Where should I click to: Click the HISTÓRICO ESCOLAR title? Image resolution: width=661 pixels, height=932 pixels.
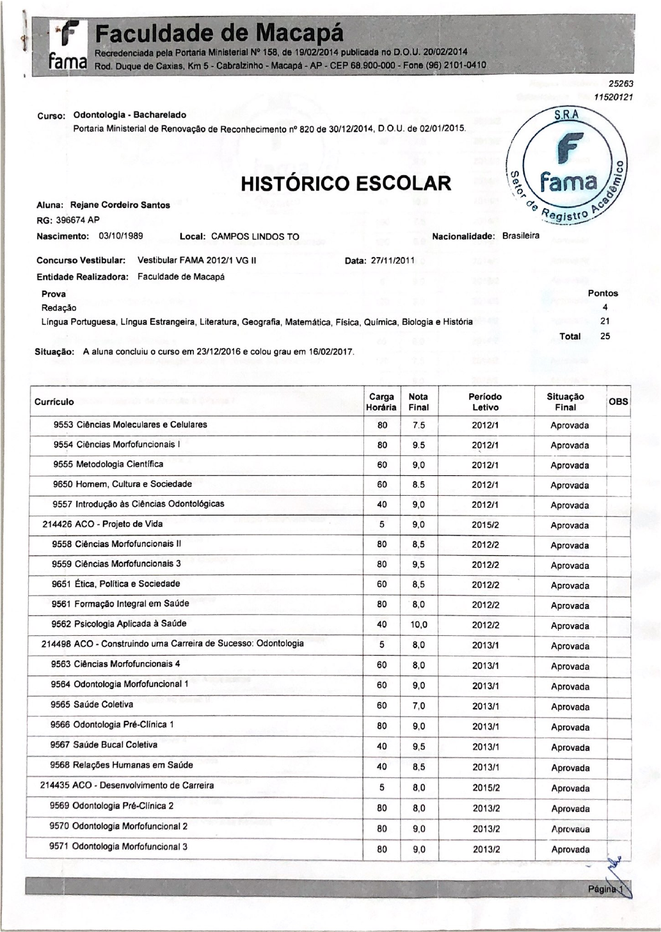click(346, 183)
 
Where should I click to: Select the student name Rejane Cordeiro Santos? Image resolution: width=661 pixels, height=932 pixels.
click(120, 205)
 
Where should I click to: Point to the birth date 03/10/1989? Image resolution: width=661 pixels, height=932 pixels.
click(121, 236)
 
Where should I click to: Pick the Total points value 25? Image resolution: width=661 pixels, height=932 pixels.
click(605, 336)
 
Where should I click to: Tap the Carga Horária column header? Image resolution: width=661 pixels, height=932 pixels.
click(381, 402)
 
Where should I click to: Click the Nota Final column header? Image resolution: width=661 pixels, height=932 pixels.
click(418, 402)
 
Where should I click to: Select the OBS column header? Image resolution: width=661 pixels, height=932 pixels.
click(618, 402)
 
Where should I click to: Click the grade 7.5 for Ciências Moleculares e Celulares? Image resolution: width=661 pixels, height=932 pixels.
click(419, 425)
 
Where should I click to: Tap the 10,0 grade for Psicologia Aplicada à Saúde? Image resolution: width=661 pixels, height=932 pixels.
click(419, 625)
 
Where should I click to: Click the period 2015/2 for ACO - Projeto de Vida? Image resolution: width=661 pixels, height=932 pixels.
click(486, 525)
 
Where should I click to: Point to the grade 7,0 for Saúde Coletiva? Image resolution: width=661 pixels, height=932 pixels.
click(419, 706)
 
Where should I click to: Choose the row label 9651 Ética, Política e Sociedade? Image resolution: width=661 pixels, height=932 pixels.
click(116, 584)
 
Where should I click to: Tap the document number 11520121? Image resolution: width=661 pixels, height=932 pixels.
click(613, 97)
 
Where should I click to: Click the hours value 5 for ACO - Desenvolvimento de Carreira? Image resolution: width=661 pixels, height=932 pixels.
click(382, 788)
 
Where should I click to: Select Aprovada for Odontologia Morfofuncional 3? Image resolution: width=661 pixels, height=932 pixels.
click(570, 849)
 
